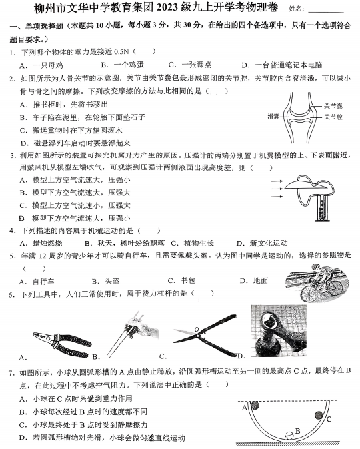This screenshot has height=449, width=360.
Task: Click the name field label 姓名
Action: coord(298,9)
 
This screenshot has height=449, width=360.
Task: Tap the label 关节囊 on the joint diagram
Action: coord(333,105)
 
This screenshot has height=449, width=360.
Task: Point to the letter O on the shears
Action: coord(196,329)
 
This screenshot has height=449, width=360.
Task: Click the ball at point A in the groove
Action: coord(256,404)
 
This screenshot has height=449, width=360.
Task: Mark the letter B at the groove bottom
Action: coord(298,430)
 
